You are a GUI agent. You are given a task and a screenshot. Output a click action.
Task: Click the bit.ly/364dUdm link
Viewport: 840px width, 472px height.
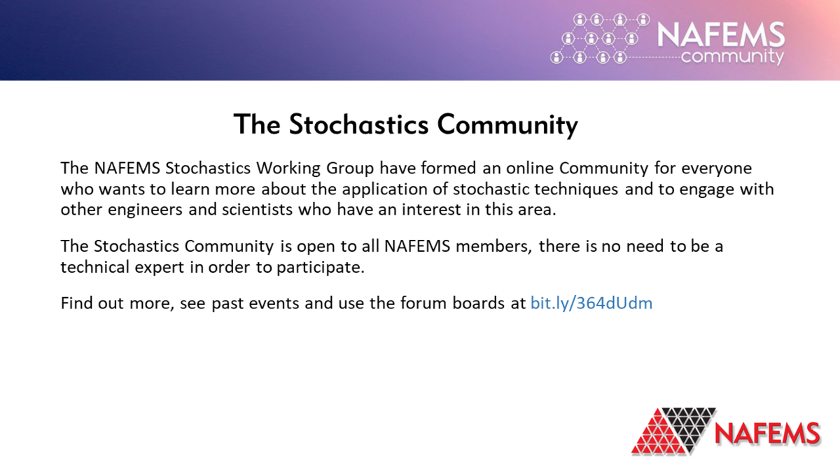[x=591, y=303]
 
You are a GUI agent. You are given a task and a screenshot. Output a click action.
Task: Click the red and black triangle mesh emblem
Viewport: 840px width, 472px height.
[x=673, y=429]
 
